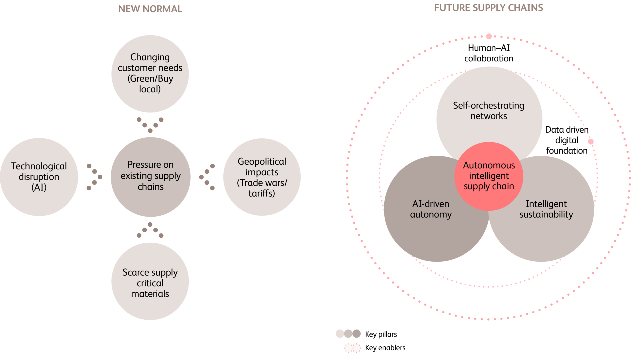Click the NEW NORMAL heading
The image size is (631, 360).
click(x=150, y=9)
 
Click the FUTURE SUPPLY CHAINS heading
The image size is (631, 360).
click(x=488, y=8)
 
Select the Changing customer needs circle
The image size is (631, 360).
click(x=150, y=73)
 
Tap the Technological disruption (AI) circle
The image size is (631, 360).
click(x=39, y=177)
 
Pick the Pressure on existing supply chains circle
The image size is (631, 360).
click(x=150, y=176)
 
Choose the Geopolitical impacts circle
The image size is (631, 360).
click(x=262, y=177)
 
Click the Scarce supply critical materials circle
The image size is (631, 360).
click(x=150, y=282)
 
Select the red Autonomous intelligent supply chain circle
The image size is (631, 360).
click(x=489, y=176)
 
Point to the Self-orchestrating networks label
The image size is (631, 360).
click(x=489, y=111)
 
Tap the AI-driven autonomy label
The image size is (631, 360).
click(x=431, y=209)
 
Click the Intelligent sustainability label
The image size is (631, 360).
click(x=546, y=209)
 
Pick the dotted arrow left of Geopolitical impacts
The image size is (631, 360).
click(x=207, y=177)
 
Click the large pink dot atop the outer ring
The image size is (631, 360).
click(x=489, y=36)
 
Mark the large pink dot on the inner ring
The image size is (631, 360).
click(x=591, y=142)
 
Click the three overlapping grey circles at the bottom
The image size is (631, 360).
click(x=348, y=333)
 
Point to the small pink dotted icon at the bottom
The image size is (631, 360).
click(x=353, y=348)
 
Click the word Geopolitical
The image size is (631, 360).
click(x=262, y=162)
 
